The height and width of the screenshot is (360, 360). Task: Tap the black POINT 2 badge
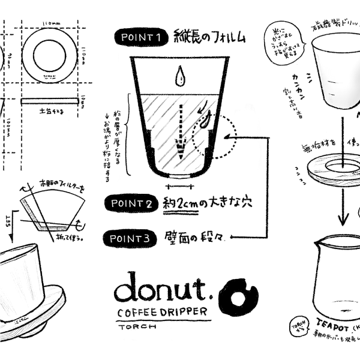click(x=131, y=203)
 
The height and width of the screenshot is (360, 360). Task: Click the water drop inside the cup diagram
click(x=178, y=77)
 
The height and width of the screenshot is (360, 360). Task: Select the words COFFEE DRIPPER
click(x=162, y=313)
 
